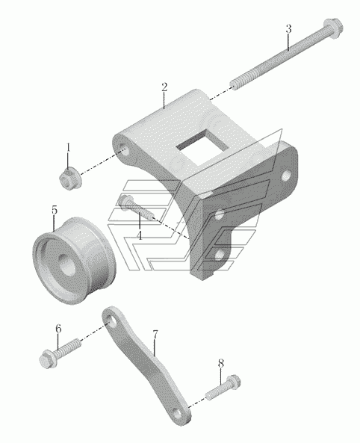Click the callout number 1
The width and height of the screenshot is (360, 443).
coord(68,147)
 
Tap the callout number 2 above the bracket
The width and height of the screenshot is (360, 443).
coord(164,87)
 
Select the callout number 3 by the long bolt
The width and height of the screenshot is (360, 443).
coord(288,29)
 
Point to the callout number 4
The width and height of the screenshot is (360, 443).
coord(140,235)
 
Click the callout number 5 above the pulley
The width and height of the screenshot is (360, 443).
coord(55,210)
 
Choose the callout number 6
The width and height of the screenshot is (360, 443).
coord(58,329)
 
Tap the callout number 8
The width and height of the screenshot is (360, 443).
coord(221,363)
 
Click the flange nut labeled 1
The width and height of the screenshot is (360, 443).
coord(70,179)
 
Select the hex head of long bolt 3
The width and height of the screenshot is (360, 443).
coord(333,28)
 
